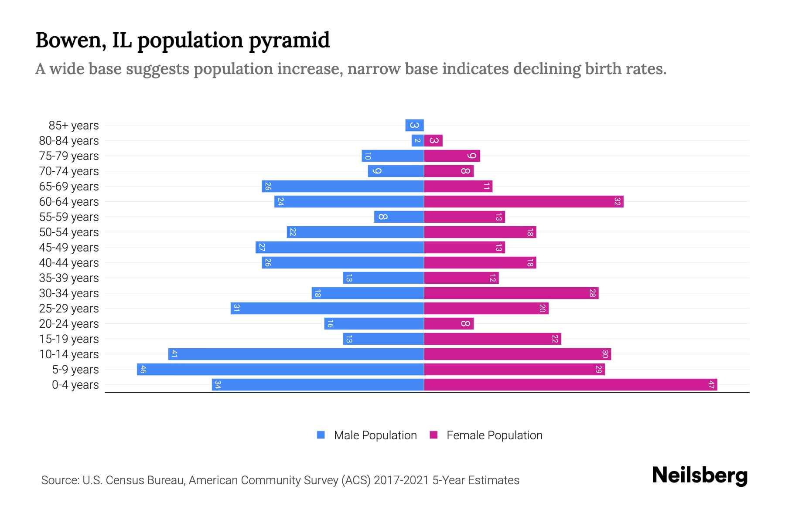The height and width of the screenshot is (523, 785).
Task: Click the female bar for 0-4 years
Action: [570, 385]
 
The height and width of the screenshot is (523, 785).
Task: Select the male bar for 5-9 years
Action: [280, 370]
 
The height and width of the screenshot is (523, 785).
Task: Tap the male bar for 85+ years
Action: [414, 126]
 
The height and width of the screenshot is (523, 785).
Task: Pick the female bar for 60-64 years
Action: [523, 202]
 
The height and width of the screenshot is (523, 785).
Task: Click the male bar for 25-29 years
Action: [327, 309]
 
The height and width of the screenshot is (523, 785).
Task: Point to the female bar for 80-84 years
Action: [433, 141]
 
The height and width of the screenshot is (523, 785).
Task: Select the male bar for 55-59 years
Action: [399, 217]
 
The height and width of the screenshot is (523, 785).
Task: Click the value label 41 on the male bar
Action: [174, 354]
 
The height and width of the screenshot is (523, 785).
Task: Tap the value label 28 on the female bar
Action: [592, 293]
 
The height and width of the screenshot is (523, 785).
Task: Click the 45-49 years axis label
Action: [69, 248]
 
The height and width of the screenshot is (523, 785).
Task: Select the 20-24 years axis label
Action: [69, 324]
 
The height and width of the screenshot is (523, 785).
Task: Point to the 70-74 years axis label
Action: [69, 171]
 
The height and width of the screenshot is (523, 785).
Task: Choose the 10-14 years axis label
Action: [69, 354]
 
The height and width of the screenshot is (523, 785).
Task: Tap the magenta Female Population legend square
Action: [433, 435]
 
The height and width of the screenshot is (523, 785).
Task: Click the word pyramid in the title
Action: [289, 41]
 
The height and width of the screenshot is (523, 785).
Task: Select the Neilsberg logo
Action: [700, 475]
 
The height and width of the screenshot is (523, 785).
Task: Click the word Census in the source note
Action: [125, 480]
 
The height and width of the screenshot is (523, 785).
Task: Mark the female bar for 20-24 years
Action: [449, 324]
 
